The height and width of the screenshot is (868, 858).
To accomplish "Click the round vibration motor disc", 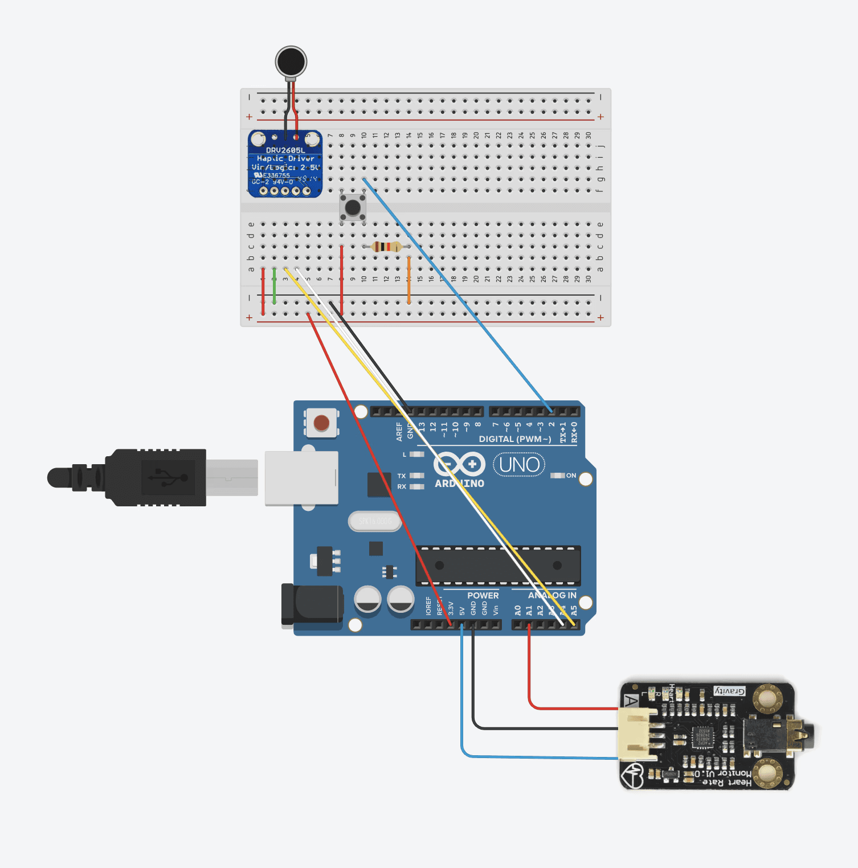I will click(x=291, y=62).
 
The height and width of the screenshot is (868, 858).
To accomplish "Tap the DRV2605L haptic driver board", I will click(x=285, y=164).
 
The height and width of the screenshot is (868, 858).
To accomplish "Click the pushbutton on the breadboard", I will click(x=353, y=207).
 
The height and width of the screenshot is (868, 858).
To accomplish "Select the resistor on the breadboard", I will click(x=386, y=247).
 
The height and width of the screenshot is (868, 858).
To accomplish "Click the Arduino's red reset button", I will click(x=321, y=423).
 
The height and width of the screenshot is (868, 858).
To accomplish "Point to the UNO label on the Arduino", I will click(x=519, y=465).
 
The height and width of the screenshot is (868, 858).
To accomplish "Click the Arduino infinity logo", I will click(x=459, y=464).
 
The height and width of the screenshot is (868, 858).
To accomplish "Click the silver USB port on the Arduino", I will click(x=301, y=478).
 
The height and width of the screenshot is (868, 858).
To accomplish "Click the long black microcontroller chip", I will click(x=498, y=566).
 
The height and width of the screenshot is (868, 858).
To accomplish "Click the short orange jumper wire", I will click(x=408, y=280).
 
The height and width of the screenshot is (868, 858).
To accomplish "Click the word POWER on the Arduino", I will click(x=483, y=596).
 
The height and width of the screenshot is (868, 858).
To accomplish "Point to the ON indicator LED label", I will click(x=571, y=476).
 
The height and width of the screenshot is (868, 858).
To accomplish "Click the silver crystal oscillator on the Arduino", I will click(x=375, y=521).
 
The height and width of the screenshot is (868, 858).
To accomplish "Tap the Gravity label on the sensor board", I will click(x=730, y=691).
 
